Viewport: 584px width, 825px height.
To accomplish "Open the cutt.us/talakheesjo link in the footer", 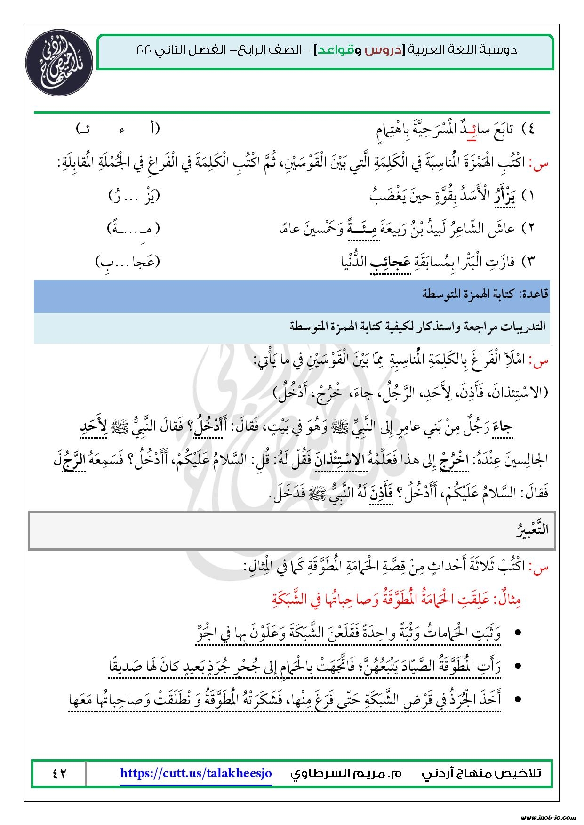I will (196, 773).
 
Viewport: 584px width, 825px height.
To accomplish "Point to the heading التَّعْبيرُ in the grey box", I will (532, 529).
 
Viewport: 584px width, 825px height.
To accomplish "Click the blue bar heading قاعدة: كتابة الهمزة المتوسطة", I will (484, 295).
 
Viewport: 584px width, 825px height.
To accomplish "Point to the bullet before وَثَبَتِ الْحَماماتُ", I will (518, 633).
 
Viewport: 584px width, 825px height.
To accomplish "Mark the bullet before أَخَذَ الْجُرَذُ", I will (518, 699).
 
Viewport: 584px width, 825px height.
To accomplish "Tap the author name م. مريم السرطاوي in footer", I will (346, 773).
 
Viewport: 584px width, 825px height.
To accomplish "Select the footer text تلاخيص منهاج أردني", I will (488, 773).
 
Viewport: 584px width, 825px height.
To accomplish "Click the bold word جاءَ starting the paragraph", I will (501, 427).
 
